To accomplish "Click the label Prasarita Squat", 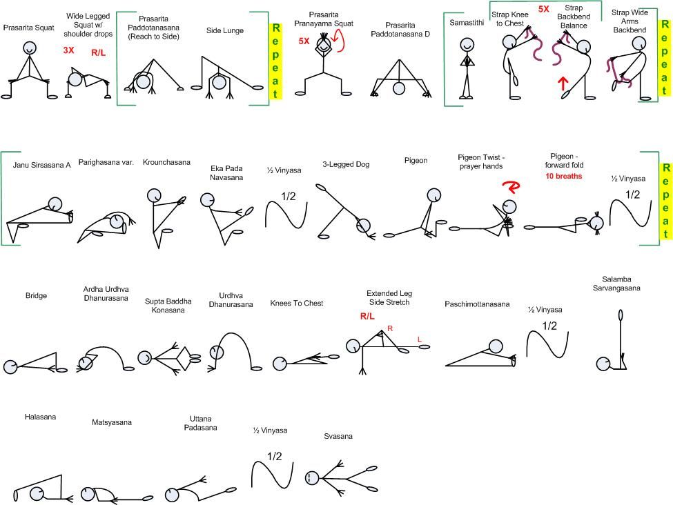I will tap(28, 28).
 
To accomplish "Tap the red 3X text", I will tap(68, 50).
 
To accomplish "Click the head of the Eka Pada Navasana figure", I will tap(207, 200).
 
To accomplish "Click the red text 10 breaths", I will tap(563, 176).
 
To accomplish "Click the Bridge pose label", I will tap(36, 296).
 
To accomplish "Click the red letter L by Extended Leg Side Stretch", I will tap(418, 339).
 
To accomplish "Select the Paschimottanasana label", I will tap(477, 304).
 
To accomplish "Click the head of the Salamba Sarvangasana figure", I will tap(603, 363).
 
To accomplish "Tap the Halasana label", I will tap(40, 417).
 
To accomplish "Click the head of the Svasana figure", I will tap(312, 477).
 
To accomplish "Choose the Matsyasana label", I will tap(111, 422).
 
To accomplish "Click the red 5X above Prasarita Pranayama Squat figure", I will tap(304, 41).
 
